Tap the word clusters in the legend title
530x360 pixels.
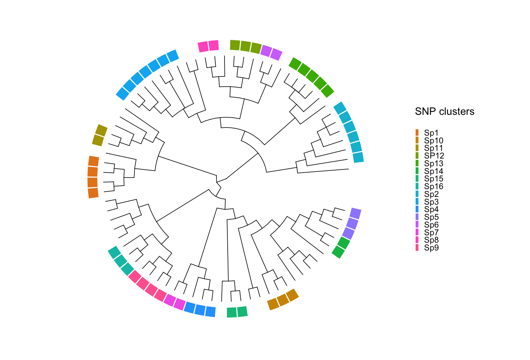[x=456, y=112]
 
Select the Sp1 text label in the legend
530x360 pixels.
[x=431, y=133]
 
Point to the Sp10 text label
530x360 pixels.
[x=434, y=141]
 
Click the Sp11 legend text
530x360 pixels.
[x=434, y=148]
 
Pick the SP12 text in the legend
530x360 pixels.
[x=434, y=156]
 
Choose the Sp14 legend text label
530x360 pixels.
[x=434, y=171]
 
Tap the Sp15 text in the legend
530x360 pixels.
[x=434, y=179]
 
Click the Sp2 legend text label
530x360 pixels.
[x=431, y=194]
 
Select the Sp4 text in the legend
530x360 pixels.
[x=431, y=209]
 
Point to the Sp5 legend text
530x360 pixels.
[x=431, y=217]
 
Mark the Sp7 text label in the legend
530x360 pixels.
[x=431, y=232]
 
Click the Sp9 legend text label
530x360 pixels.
[x=431, y=248]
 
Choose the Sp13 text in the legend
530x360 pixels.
[x=434, y=163]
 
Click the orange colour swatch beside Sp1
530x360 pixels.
[x=417, y=133]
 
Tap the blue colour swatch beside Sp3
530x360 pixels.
[x=417, y=201]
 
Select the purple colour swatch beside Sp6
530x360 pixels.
[x=417, y=224]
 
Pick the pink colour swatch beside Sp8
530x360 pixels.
[x=417, y=240]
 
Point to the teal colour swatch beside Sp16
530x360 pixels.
[x=417, y=186]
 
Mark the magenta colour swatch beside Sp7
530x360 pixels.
[x=417, y=232]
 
